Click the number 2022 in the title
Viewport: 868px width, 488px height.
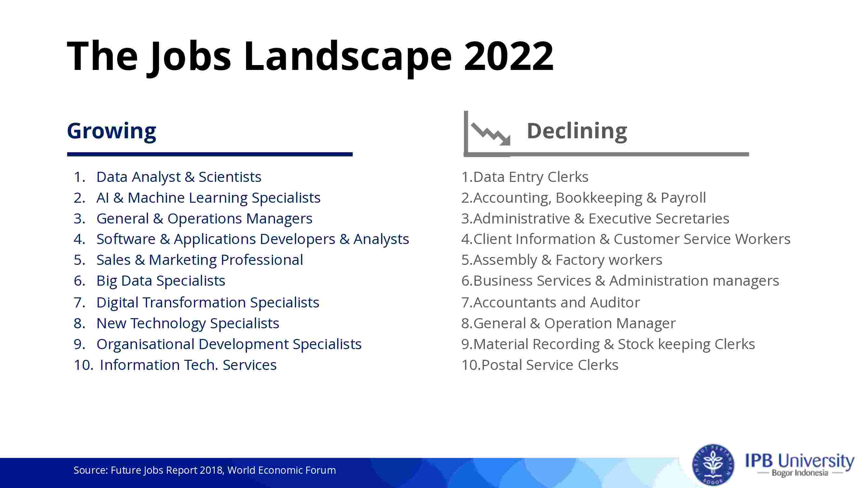click(x=509, y=56)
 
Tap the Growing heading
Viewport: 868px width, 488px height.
click(x=112, y=131)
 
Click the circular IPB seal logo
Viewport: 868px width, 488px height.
click(x=713, y=465)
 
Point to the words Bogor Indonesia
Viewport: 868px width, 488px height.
click(x=800, y=473)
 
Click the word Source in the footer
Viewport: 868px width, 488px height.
click(x=90, y=470)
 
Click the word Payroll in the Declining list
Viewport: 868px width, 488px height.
click(x=683, y=198)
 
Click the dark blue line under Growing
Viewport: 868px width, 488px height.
click(x=210, y=154)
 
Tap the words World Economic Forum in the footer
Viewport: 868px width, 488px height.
click(x=282, y=470)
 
